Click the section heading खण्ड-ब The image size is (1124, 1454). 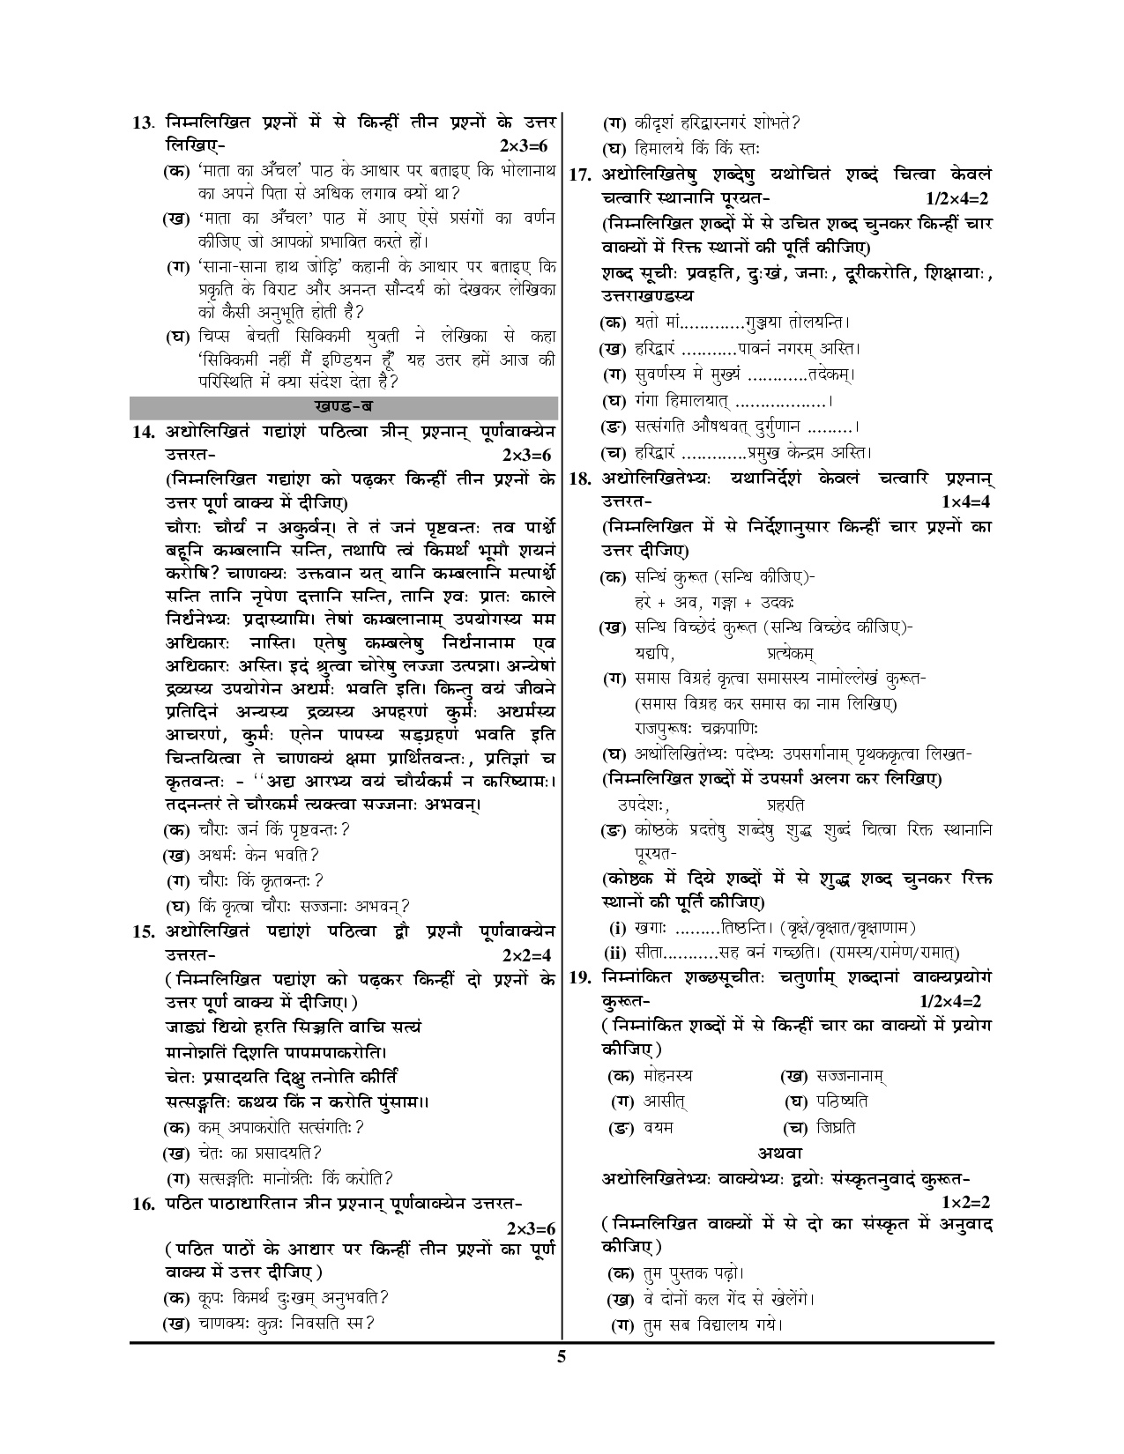click(x=343, y=408)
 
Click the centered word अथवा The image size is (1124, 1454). click(x=778, y=1153)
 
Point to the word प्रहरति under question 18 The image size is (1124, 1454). click(x=785, y=805)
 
